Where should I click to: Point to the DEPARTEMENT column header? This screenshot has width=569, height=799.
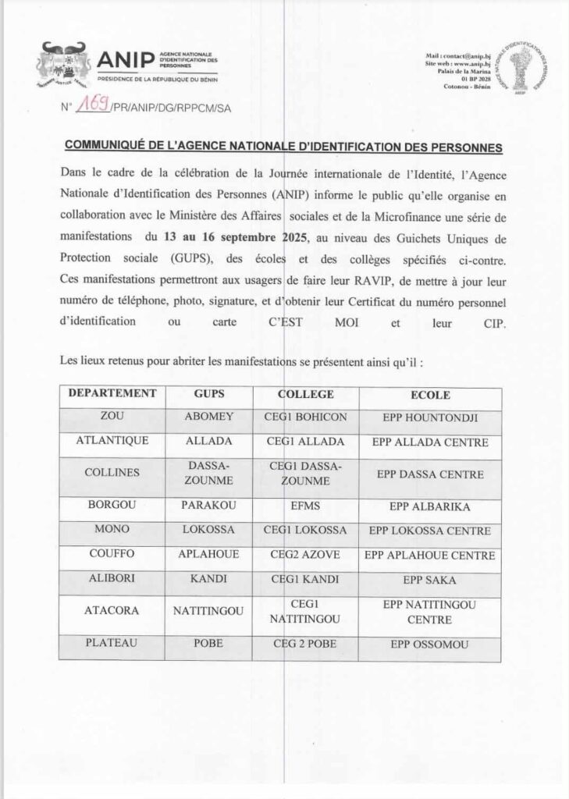113,395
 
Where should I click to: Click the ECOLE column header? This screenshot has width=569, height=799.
430,395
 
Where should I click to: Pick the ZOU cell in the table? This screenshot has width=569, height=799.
113,417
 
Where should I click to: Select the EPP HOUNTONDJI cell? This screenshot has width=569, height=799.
430,418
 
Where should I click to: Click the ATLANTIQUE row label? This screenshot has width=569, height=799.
112,442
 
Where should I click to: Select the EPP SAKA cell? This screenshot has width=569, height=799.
430,581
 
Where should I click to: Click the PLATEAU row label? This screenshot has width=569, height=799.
112,645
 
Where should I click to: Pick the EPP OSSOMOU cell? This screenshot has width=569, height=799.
430,645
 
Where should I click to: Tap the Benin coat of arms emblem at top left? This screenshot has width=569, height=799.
61,66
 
